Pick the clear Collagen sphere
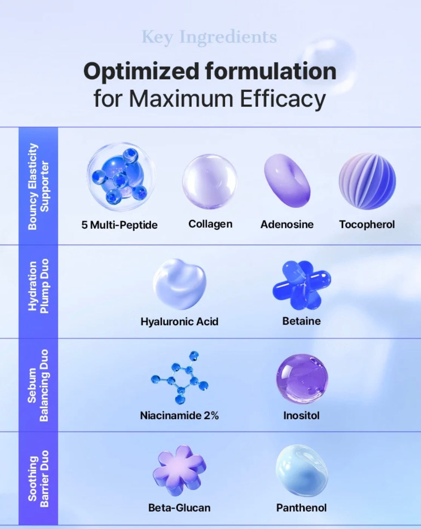pyautogui.click(x=210, y=182)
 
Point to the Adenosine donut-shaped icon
pyautogui.click(x=287, y=181)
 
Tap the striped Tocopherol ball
pyautogui.click(x=367, y=181)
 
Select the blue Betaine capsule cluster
pyautogui.click(x=301, y=285)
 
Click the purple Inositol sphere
pyautogui.click(x=302, y=379)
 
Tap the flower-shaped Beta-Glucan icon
pyautogui.click(x=180, y=470)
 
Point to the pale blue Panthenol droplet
pyautogui.click(x=302, y=471)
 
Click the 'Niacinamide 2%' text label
pyautogui.click(x=179, y=416)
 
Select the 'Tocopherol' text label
pyautogui.click(x=367, y=224)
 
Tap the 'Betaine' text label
pyautogui.click(x=301, y=321)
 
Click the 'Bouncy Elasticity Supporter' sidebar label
pyautogui.click(x=38, y=187)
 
